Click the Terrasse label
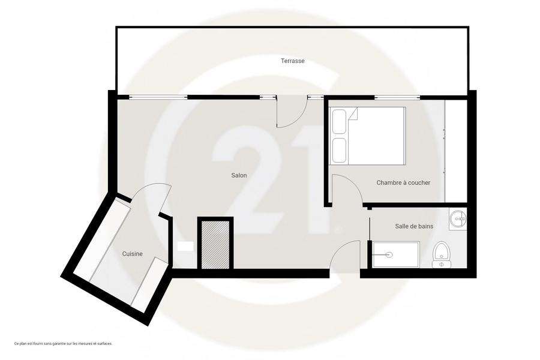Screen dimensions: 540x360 [x=292, y=61]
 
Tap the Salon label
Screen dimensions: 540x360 [x=239, y=175]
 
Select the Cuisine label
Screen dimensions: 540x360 [x=132, y=254]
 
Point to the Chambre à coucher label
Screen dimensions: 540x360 [x=403, y=182]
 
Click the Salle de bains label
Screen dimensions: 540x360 [x=414, y=226]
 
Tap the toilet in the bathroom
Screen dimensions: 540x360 [x=442, y=254]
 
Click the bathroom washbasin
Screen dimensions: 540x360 [x=458, y=218]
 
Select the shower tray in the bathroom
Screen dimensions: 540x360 [x=396, y=254]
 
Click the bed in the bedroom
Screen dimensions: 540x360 [x=367, y=136]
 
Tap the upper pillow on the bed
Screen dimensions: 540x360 [x=339, y=122]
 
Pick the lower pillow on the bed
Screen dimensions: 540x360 [x=339, y=150]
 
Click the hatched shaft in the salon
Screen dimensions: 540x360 [x=215, y=245]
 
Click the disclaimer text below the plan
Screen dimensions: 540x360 [x=64, y=343]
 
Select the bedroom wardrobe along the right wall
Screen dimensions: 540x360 [x=455, y=151]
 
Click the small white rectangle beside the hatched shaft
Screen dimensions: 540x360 [x=185, y=247]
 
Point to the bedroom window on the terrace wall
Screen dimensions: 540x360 [x=397, y=98]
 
